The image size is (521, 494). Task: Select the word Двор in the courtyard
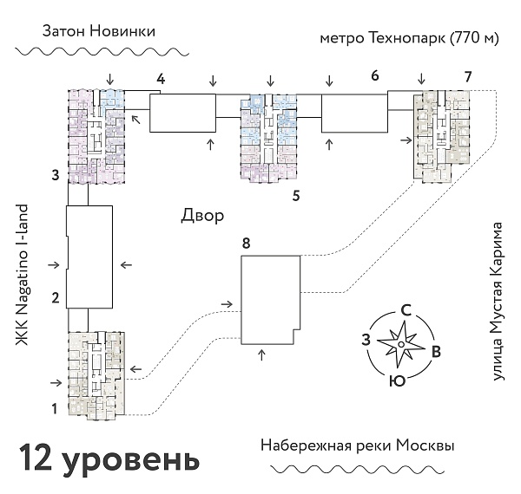coord(203,214)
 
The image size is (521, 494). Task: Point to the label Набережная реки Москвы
coord(357,445)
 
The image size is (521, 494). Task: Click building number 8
coord(247,244)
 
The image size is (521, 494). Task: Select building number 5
coord(296,195)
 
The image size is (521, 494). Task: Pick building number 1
coord(54,407)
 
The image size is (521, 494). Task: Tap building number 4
coord(161,81)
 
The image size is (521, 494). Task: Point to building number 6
coord(374,76)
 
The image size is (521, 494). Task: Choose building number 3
coord(55,176)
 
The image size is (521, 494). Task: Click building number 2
coord(55,299)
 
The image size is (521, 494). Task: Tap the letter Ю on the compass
coord(396,380)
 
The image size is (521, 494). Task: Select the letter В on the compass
coord(437,352)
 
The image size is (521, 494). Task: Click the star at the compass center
coord(399,345)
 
